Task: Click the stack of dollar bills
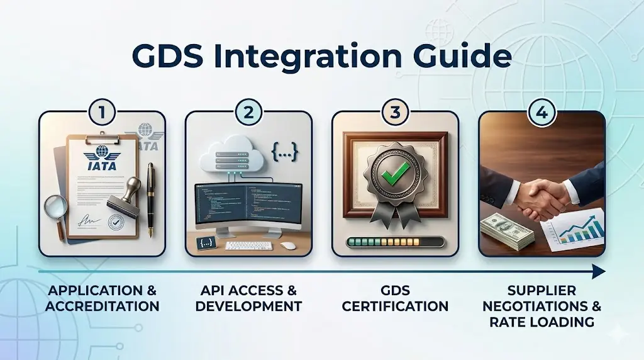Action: point(507,230)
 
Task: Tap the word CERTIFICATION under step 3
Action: point(395,307)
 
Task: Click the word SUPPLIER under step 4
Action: point(541,291)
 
